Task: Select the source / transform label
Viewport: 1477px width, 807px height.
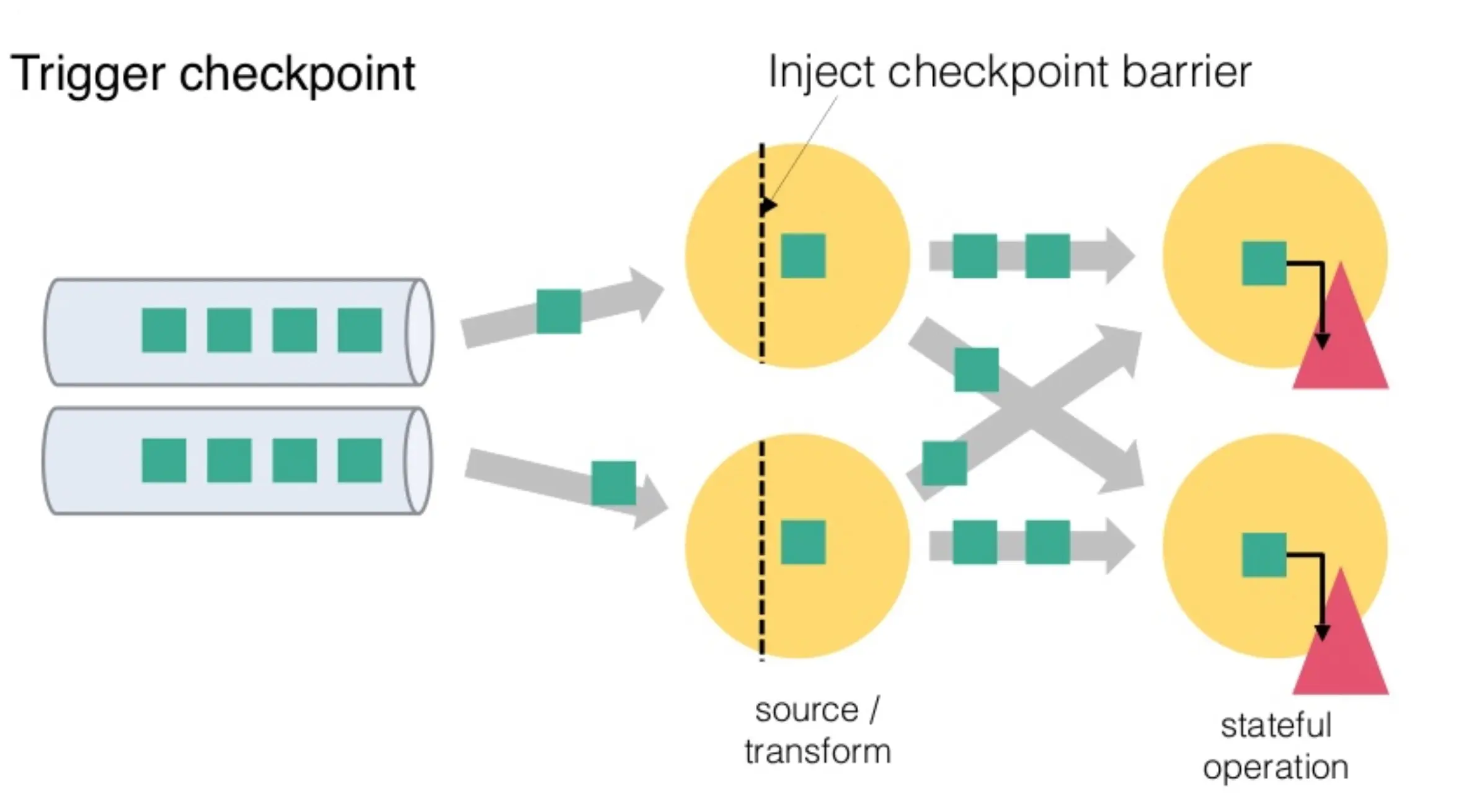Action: (x=817, y=731)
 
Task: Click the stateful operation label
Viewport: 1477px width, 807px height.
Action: (x=1276, y=746)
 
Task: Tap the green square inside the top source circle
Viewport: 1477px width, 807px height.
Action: (x=803, y=255)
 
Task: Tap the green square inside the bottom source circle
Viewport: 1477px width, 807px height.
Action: (x=803, y=542)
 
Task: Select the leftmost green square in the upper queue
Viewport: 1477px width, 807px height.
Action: (x=164, y=330)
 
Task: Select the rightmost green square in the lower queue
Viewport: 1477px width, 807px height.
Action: (x=360, y=461)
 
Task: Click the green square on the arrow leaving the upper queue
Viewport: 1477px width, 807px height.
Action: (x=559, y=311)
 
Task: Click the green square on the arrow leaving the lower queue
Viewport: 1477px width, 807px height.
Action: (x=613, y=483)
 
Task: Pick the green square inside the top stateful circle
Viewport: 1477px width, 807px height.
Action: (x=1264, y=263)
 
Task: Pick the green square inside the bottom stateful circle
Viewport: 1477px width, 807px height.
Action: (x=1264, y=555)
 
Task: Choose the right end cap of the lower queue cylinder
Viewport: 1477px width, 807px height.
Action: (x=418, y=461)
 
